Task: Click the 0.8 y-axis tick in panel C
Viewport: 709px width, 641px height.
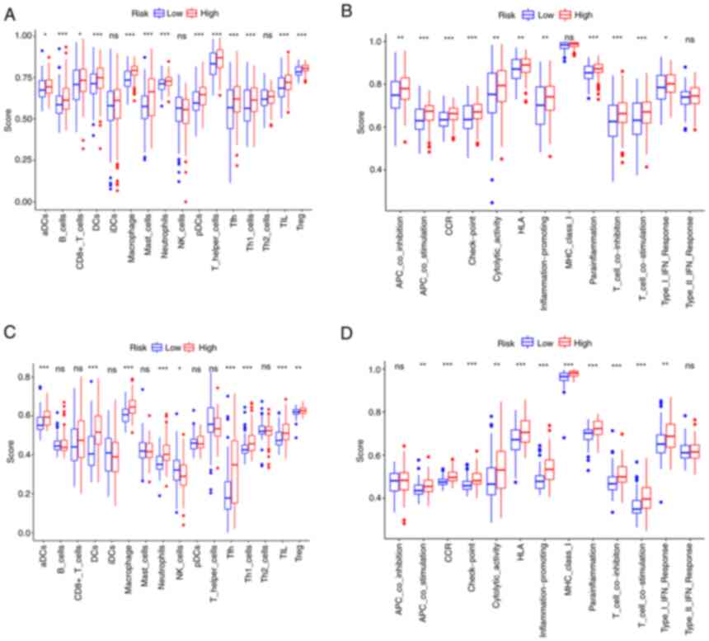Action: coord(25,376)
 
